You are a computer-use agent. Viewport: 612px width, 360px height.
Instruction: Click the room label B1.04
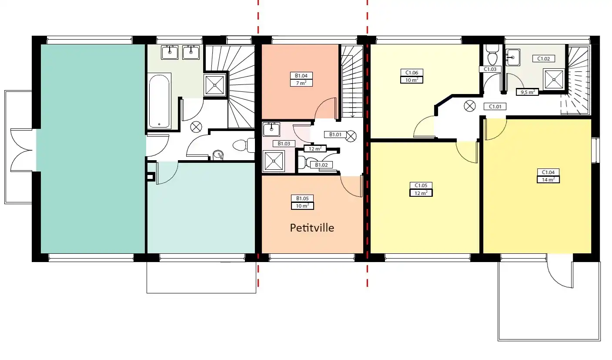tap(301, 75)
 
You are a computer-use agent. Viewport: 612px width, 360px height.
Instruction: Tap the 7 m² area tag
tap(301, 83)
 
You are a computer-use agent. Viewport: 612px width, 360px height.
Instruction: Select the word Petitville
tap(312, 228)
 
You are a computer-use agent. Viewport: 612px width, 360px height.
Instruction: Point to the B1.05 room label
tap(302, 198)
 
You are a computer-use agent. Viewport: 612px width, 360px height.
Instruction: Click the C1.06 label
tap(411, 72)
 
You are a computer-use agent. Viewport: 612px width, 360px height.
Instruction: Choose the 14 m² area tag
tap(548, 180)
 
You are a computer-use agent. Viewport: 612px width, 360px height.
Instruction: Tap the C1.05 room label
tap(421, 185)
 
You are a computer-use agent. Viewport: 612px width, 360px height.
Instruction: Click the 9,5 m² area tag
tap(527, 92)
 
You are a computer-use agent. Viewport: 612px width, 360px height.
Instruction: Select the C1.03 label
tap(490, 69)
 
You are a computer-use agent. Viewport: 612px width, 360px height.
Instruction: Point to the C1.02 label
tap(543, 58)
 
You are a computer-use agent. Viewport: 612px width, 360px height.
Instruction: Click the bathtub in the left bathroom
tap(159, 101)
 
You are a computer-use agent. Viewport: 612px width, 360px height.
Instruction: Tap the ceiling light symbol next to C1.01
tap(470, 106)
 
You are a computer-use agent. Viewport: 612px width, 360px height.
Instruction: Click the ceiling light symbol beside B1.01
tap(351, 136)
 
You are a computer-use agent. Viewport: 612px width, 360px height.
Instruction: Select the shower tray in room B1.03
tap(274, 161)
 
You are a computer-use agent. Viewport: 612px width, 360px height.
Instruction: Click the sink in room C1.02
tap(512, 57)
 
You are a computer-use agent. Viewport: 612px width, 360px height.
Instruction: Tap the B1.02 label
tap(321, 165)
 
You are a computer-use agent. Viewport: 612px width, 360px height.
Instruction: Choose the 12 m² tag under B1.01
tap(315, 149)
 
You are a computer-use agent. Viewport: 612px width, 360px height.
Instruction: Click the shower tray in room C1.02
tap(554, 80)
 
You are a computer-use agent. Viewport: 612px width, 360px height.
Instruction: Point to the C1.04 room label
tap(548, 172)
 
